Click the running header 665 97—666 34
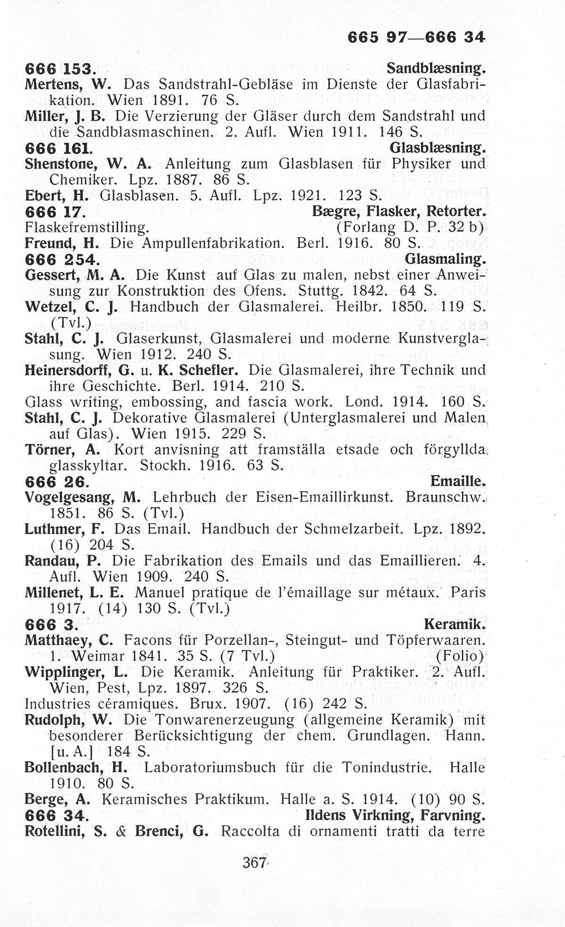(x=416, y=37)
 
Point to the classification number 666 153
(x=60, y=69)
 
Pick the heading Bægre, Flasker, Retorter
(x=398, y=211)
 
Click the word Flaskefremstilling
(x=87, y=228)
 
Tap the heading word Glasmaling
(x=444, y=259)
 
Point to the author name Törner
(x=51, y=449)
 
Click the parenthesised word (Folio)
(x=460, y=656)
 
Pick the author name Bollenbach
(x=67, y=767)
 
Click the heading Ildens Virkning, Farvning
(x=395, y=815)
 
